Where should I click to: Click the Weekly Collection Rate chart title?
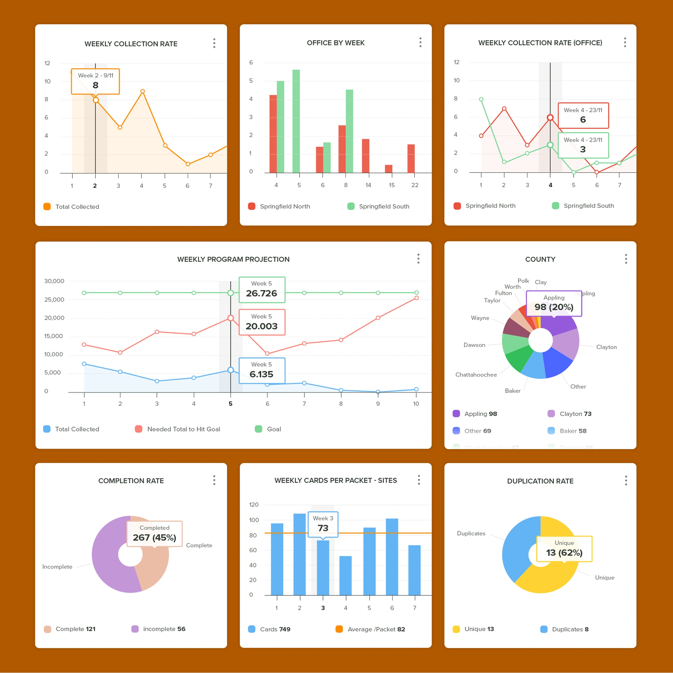click(x=131, y=44)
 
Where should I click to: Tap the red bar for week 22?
click(x=411, y=158)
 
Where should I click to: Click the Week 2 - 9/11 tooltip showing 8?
click(x=95, y=81)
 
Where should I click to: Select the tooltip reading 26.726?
click(x=262, y=289)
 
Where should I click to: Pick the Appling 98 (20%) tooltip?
click(x=553, y=303)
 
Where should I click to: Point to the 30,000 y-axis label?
click(x=54, y=281)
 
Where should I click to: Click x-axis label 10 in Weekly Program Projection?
click(x=416, y=404)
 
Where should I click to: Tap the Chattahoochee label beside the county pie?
click(x=476, y=375)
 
